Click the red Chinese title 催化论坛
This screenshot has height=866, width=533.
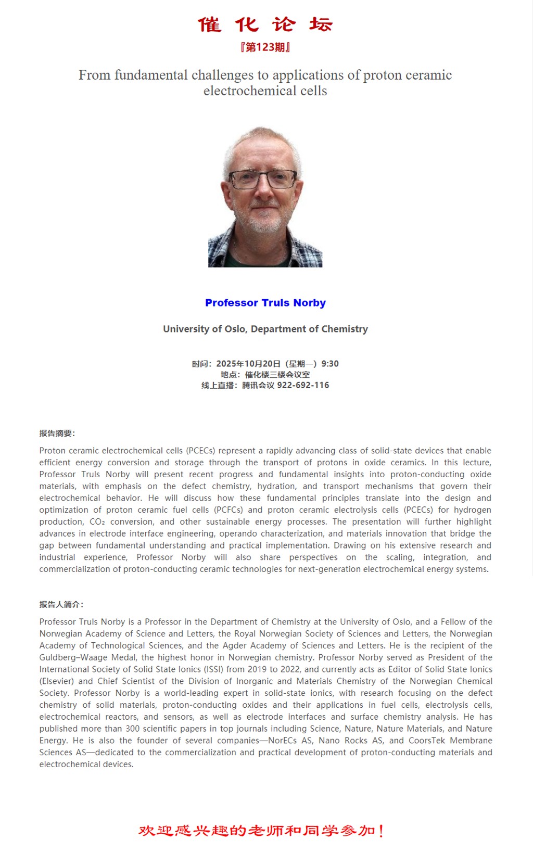[265, 24]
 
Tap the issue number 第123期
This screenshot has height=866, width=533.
[265, 47]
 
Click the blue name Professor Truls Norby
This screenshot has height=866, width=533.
[265, 303]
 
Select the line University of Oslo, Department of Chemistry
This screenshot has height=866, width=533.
[265, 329]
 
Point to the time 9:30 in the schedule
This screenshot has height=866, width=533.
[330, 364]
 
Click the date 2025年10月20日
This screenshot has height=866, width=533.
[248, 364]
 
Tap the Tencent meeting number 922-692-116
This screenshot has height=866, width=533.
[303, 386]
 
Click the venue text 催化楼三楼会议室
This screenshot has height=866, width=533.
[277, 375]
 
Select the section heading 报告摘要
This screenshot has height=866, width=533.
[57, 434]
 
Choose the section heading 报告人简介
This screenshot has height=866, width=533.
[61, 605]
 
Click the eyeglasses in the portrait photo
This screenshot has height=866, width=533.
[262, 180]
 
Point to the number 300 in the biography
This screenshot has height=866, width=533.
[134, 729]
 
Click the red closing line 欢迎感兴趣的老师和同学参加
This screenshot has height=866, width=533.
[261, 831]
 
